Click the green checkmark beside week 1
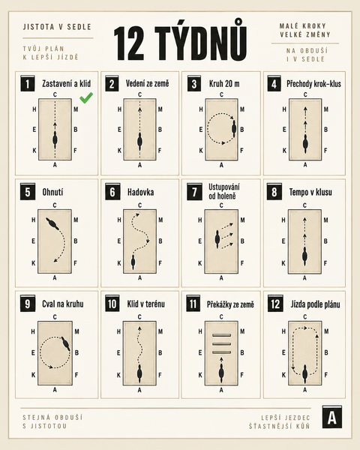click(86, 97)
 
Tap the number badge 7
click(194, 191)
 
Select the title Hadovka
click(140, 192)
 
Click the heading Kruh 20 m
click(224, 84)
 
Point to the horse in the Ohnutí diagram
click(52, 223)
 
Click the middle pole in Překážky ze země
click(221, 343)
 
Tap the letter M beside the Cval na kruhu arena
click(76, 331)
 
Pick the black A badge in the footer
click(332, 417)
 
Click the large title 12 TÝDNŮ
click(180, 43)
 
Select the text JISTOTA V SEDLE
click(57, 27)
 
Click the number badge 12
click(275, 303)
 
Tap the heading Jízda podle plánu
click(315, 304)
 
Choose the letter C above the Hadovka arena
click(139, 205)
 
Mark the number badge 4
click(274, 83)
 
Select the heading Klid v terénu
click(145, 304)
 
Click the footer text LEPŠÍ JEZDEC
click(286, 418)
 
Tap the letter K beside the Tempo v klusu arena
click(283, 263)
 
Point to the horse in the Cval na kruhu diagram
click(65, 343)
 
